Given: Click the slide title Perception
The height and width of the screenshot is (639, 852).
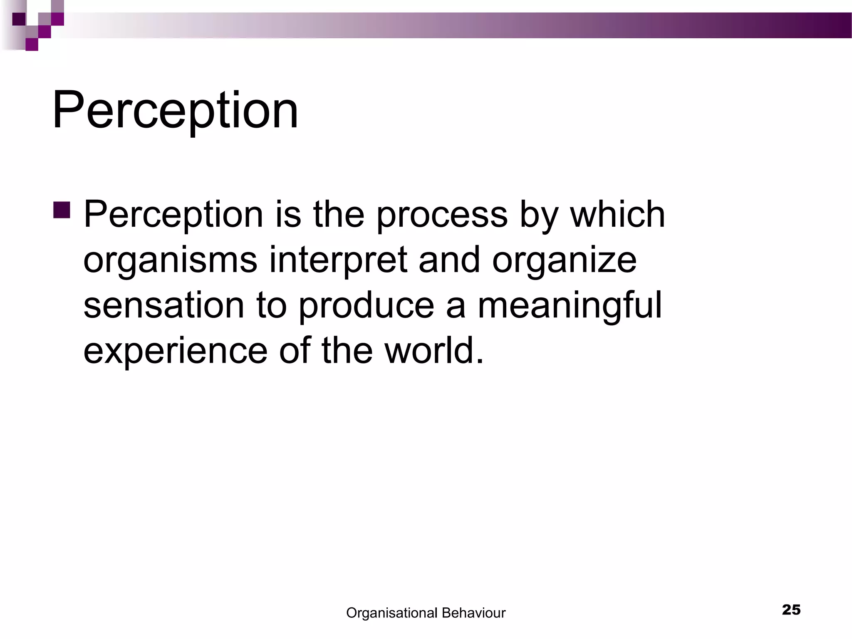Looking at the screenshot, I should click(x=175, y=110).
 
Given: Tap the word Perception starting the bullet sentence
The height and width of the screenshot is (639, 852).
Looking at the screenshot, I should click(x=173, y=215).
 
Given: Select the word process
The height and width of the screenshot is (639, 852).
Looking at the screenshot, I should click(x=442, y=215).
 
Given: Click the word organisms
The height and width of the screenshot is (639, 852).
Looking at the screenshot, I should click(x=170, y=260).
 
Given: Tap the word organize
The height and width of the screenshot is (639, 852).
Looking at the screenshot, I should click(x=564, y=260).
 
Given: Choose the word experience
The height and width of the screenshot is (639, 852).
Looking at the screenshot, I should click(x=175, y=350).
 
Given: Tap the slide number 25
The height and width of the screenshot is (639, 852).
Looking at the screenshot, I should click(x=791, y=610).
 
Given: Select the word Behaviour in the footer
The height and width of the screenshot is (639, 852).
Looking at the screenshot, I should click(x=473, y=613).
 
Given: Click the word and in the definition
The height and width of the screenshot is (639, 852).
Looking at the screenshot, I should click(x=449, y=260).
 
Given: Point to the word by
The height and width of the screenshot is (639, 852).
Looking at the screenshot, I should click(x=538, y=215).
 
